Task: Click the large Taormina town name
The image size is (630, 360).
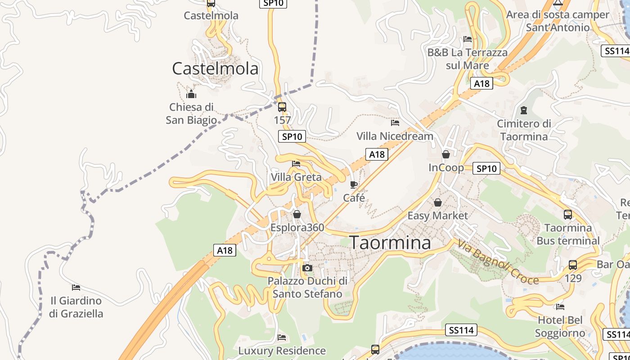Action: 390,243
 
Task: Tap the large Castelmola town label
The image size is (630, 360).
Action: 215,68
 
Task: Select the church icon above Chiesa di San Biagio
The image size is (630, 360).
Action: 191,94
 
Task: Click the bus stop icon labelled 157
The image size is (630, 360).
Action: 282,107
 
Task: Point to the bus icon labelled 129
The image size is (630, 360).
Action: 572,265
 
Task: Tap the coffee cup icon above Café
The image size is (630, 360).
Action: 354,184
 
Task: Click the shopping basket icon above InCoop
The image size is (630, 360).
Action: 446,154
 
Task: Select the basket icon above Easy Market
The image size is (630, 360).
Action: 437,202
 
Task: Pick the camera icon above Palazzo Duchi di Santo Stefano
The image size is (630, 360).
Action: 307,268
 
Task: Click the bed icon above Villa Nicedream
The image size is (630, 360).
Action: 395,122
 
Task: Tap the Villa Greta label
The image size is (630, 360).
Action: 296,177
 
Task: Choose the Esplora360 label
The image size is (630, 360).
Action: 297,227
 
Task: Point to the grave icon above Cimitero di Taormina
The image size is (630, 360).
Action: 524,110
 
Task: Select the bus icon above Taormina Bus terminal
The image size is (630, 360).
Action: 568,215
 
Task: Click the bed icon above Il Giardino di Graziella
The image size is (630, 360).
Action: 76,287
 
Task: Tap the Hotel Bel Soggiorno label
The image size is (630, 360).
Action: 560,327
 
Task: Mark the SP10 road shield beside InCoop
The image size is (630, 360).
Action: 486,169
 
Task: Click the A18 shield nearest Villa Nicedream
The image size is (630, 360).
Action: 377,154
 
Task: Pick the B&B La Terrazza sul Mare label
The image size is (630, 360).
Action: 468,59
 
